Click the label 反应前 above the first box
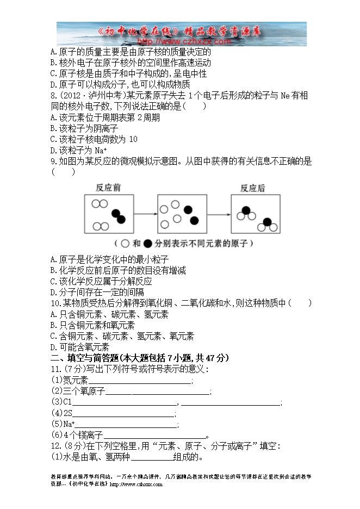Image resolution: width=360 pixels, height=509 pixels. coord(108,188)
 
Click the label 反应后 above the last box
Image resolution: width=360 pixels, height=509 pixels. coord(253,188)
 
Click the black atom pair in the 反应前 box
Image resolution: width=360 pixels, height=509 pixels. coord(117,216)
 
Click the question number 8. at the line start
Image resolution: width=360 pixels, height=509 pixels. coord(54,96)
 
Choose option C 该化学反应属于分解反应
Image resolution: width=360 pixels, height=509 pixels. coord(101,281)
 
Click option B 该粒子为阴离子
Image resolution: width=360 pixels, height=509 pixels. coord(84,128)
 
